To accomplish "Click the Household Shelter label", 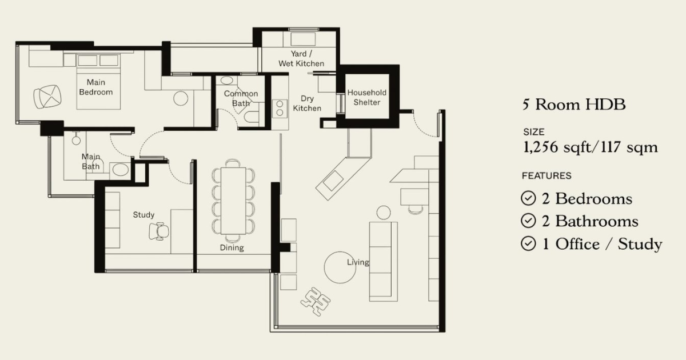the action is pos(366,97).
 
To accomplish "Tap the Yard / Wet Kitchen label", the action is pos(301,58).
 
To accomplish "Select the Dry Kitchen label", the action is pos(307,103).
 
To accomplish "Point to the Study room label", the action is pos(143,215).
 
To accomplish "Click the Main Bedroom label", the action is pos(96,87).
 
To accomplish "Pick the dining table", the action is pos(233,201).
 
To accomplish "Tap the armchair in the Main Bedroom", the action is pos(47,97).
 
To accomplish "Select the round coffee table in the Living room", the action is pos(340,267).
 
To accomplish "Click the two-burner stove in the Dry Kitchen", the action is pos(280,109).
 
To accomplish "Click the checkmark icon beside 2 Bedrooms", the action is pos(528,198).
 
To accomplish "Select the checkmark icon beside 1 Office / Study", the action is pos(528,243).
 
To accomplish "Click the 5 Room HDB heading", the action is pos(574,105).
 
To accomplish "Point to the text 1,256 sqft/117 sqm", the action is pos(591,147).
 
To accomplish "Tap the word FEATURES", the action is pos(547,176).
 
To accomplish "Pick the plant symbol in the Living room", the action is pos(316,301).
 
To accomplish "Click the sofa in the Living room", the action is pos(384,262).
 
